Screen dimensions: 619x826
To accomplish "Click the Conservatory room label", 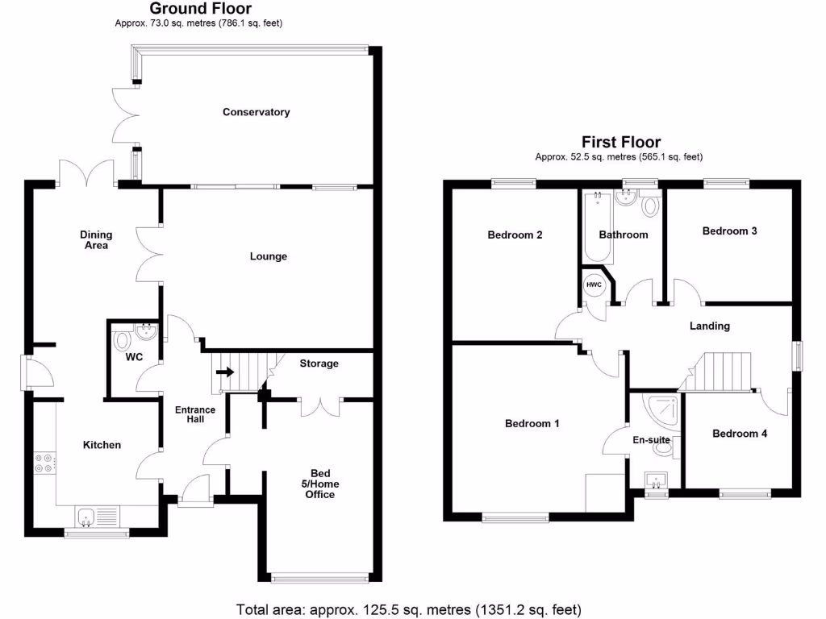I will tap(256, 112).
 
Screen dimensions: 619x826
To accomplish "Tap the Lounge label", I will tap(269, 256).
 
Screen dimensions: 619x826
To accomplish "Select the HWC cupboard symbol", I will tap(594, 285).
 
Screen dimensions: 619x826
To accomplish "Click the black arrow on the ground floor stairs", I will tap(225, 372).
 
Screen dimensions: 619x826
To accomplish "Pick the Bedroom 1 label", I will tap(532, 423).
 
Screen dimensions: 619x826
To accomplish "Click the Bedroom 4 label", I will tap(740, 433).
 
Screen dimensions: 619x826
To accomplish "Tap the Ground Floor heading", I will tap(200, 9).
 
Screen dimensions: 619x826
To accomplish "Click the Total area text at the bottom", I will tap(408, 609).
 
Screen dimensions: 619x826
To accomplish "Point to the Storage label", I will tap(319, 364).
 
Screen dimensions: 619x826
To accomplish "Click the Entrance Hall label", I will tap(195, 415).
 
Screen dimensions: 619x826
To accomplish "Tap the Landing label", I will tap(710, 326).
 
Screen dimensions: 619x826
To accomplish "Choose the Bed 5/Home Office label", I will tap(319, 484).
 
